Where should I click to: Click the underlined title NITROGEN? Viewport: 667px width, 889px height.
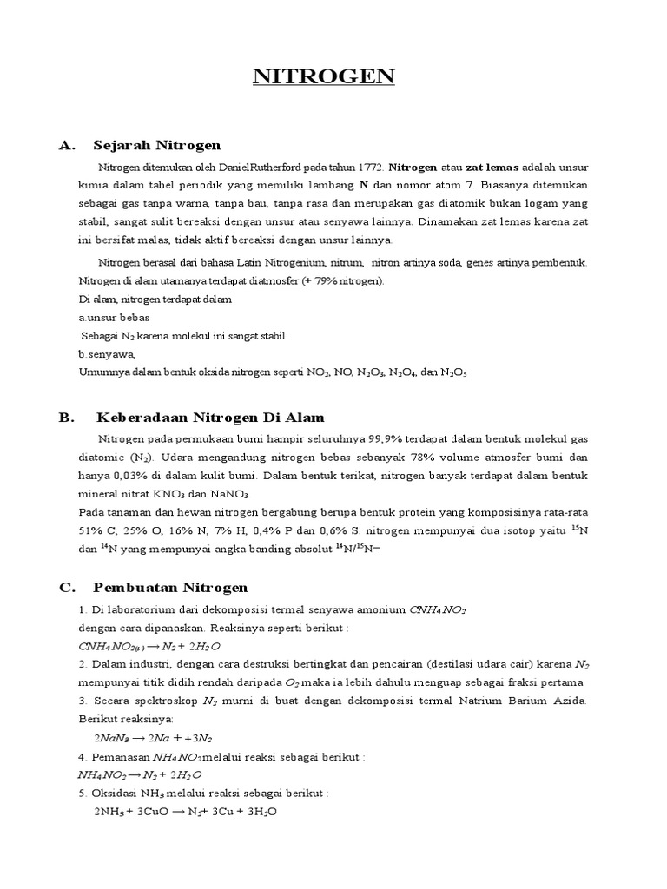[324, 76]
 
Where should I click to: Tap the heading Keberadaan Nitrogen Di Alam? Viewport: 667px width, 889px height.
[209, 417]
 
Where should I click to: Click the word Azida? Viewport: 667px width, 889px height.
[569, 701]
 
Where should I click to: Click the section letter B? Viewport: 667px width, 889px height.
[65, 417]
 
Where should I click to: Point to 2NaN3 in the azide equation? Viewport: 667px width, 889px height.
[111, 738]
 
